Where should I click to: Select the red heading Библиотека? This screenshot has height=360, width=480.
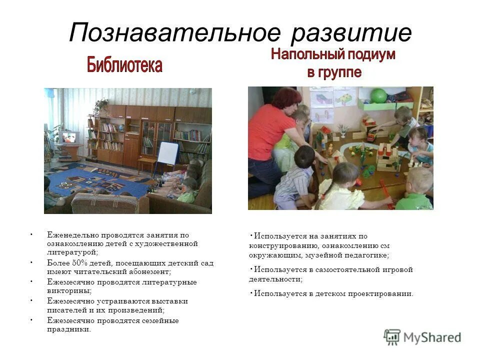124,65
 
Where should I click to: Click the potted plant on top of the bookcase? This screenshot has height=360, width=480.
102,105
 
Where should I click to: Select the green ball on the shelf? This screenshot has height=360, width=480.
378,95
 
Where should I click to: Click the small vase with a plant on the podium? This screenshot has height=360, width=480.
343,131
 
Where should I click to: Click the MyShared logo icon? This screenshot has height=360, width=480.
392,337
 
